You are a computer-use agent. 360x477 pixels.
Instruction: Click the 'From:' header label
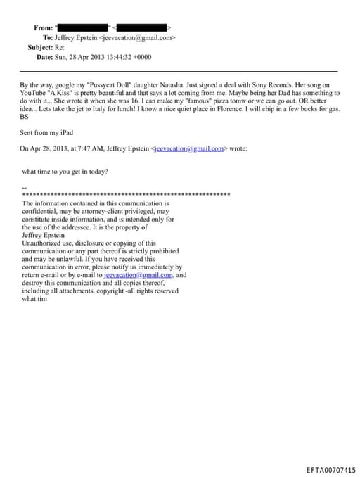tap(43, 27)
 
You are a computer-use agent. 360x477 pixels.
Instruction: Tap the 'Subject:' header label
tap(40, 47)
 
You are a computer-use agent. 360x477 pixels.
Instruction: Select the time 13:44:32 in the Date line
tap(120, 57)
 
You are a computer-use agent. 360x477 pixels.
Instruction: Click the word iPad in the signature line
tap(65, 133)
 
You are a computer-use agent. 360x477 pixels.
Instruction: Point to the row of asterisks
tap(127, 193)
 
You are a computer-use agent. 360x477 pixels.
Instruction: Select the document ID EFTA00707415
tap(330, 469)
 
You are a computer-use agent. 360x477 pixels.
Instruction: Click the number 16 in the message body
tap(131, 102)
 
